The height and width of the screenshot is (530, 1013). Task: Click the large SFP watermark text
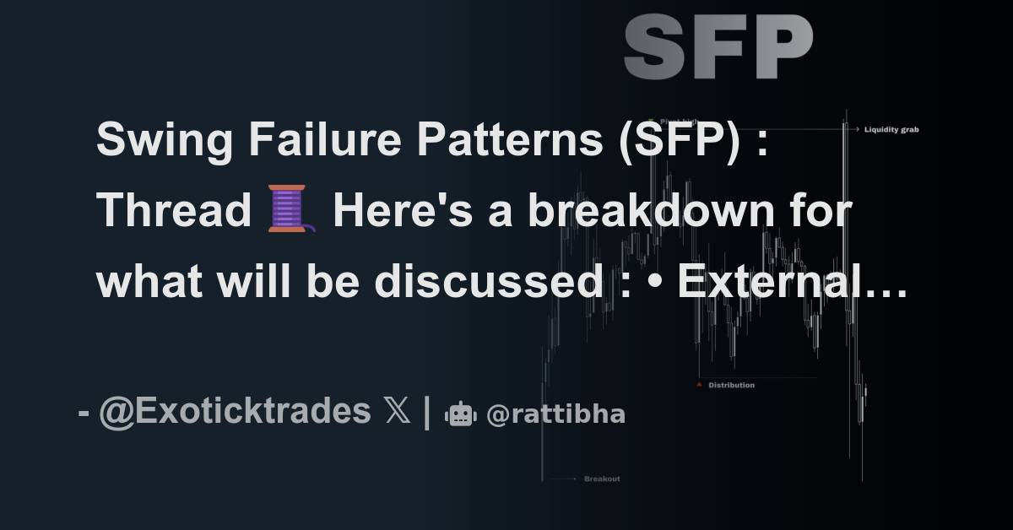tap(718, 47)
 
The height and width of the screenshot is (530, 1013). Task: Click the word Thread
tap(174, 211)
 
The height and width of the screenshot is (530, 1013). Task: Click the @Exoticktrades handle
tap(235, 412)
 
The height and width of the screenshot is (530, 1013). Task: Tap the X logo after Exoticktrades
tap(397, 412)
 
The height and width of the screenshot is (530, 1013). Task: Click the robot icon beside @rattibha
tap(461, 414)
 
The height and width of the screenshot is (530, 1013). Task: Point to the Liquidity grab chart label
tap(891, 130)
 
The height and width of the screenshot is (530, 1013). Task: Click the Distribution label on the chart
tap(731, 386)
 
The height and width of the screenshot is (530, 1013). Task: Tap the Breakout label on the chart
tap(602, 479)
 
